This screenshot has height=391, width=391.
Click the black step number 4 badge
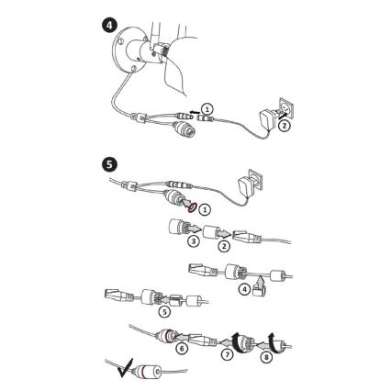point(108,26)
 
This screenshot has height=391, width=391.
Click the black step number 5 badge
point(109,164)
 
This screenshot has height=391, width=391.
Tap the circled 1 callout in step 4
point(207,109)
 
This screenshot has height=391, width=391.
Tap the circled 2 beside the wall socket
point(285,126)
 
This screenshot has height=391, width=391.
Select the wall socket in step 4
point(287,107)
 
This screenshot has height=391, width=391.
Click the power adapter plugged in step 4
point(267,119)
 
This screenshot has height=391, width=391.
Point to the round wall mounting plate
point(125,50)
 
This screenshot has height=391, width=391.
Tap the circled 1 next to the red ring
point(205,209)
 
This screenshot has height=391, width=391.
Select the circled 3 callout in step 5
point(194,241)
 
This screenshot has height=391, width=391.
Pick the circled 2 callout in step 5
point(224,246)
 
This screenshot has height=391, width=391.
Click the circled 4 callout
point(244,289)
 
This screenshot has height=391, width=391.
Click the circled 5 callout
point(164,311)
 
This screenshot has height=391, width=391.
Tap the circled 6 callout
point(182,349)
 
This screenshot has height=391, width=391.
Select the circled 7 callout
point(227,354)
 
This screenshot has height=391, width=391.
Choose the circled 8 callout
point(267,357)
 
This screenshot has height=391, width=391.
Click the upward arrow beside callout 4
point(260,281)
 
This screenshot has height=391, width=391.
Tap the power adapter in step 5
point(244,190)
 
